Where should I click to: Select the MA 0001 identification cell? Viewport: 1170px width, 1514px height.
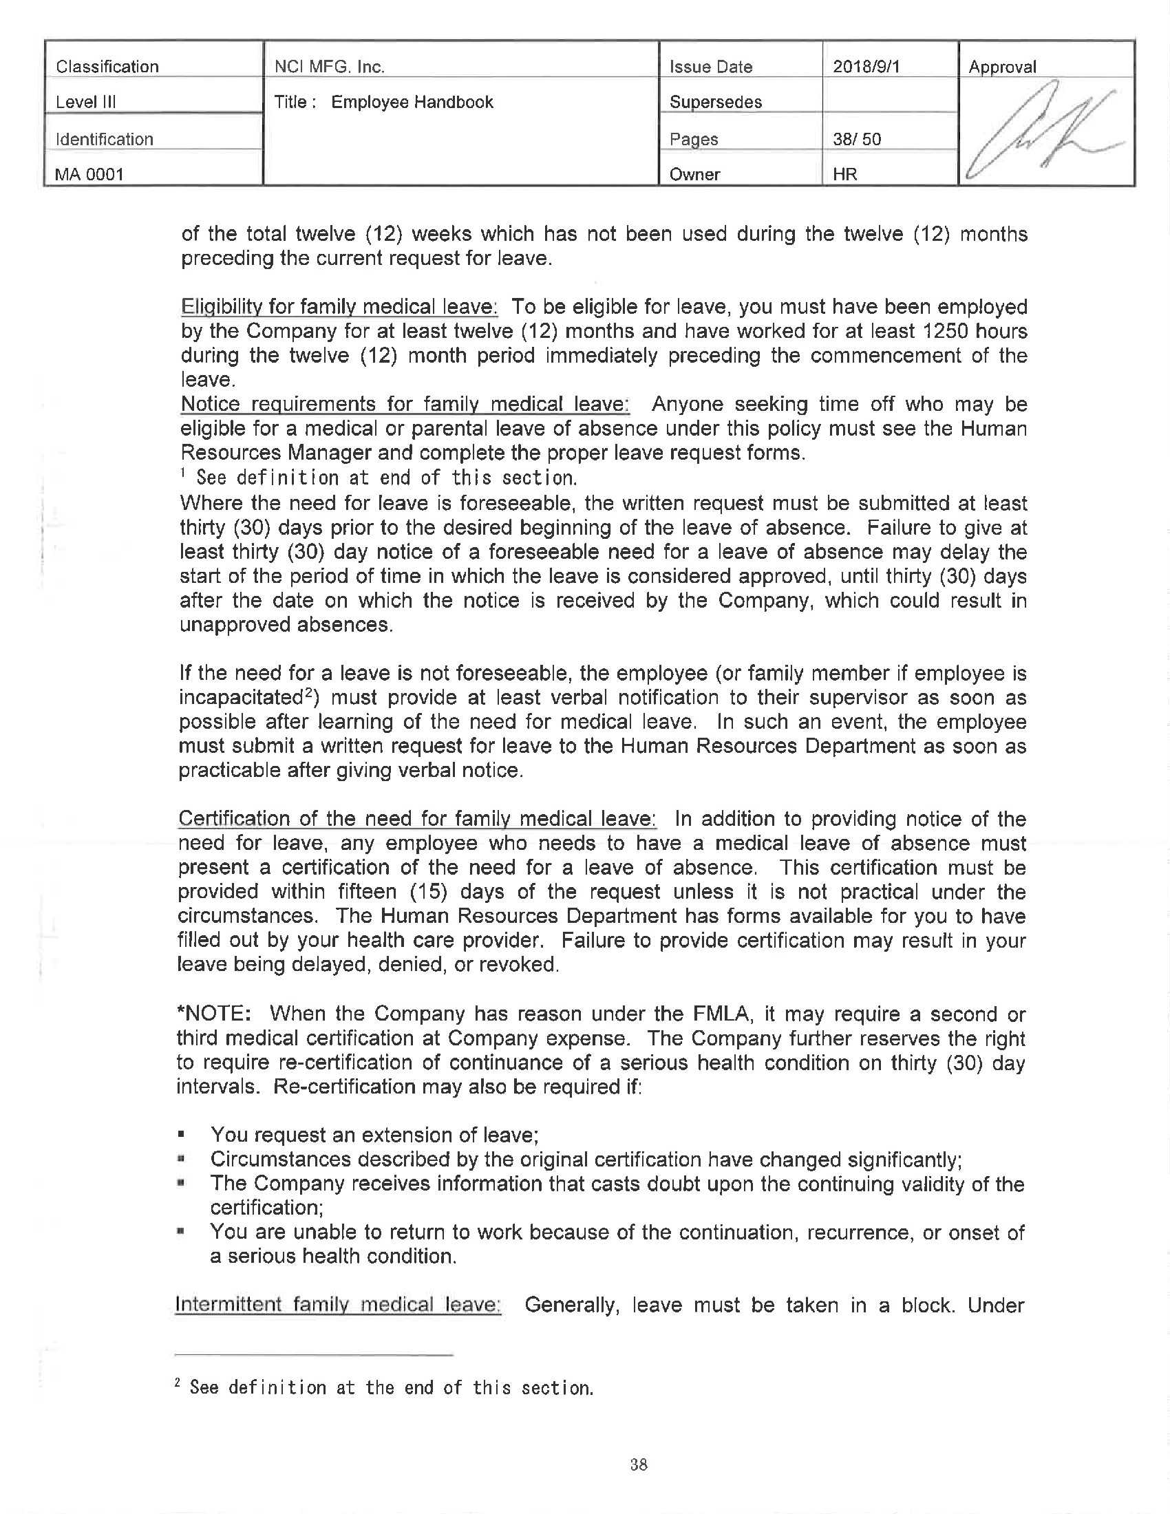point(89,174)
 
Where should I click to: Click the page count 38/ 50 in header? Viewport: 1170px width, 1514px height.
point(857,138)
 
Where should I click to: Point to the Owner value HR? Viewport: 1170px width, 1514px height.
point(845,174)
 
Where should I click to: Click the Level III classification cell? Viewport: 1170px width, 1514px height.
point(86,103)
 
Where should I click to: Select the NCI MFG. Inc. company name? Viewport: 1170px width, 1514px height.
point(329,67)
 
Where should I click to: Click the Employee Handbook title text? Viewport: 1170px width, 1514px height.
point(412,102)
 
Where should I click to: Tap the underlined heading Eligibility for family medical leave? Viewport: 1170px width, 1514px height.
point(339,306)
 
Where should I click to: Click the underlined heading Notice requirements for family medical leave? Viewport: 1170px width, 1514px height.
point(405,403)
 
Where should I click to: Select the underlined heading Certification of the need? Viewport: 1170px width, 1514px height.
point(416,819)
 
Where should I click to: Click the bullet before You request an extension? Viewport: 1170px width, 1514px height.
point(181,1135)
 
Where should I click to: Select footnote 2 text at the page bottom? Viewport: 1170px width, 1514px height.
point(385,1387)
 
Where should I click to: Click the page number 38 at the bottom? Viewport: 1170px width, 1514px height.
point(639,1464)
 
